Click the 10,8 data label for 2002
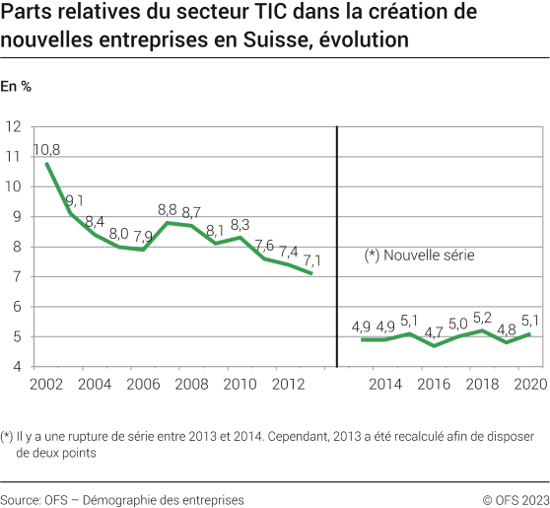(46, 150)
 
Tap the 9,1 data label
(74, 200)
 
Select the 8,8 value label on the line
(168, 210)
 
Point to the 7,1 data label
(310, 259)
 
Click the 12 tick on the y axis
(15, 126)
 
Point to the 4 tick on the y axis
(18, 367)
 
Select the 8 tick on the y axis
(18, 247)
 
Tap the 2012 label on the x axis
(287, 384)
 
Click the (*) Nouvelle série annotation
(419, 255)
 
